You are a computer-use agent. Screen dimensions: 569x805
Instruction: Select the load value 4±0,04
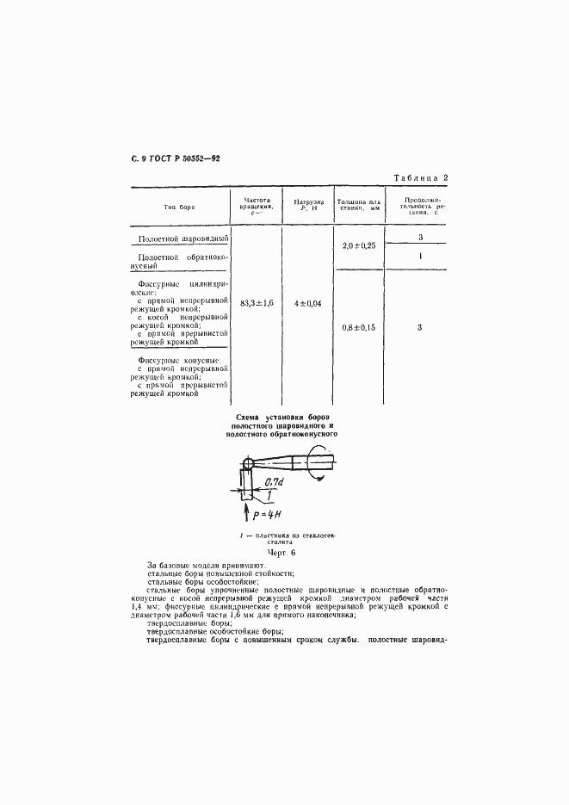(308, 304)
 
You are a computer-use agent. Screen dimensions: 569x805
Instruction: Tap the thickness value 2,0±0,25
(360, 245)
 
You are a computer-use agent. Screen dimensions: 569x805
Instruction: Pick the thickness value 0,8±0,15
(360, 327)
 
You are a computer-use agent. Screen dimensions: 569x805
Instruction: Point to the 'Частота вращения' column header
(254, 205)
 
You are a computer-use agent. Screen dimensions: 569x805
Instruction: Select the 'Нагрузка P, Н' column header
(308, 205)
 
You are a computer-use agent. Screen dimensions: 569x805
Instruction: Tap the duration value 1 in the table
(419, 257)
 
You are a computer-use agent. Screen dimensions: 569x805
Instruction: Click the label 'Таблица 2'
(422, 177)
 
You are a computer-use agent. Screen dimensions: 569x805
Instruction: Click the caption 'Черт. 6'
(281, 552)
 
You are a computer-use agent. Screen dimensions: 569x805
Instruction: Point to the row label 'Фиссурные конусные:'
(179, 360)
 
